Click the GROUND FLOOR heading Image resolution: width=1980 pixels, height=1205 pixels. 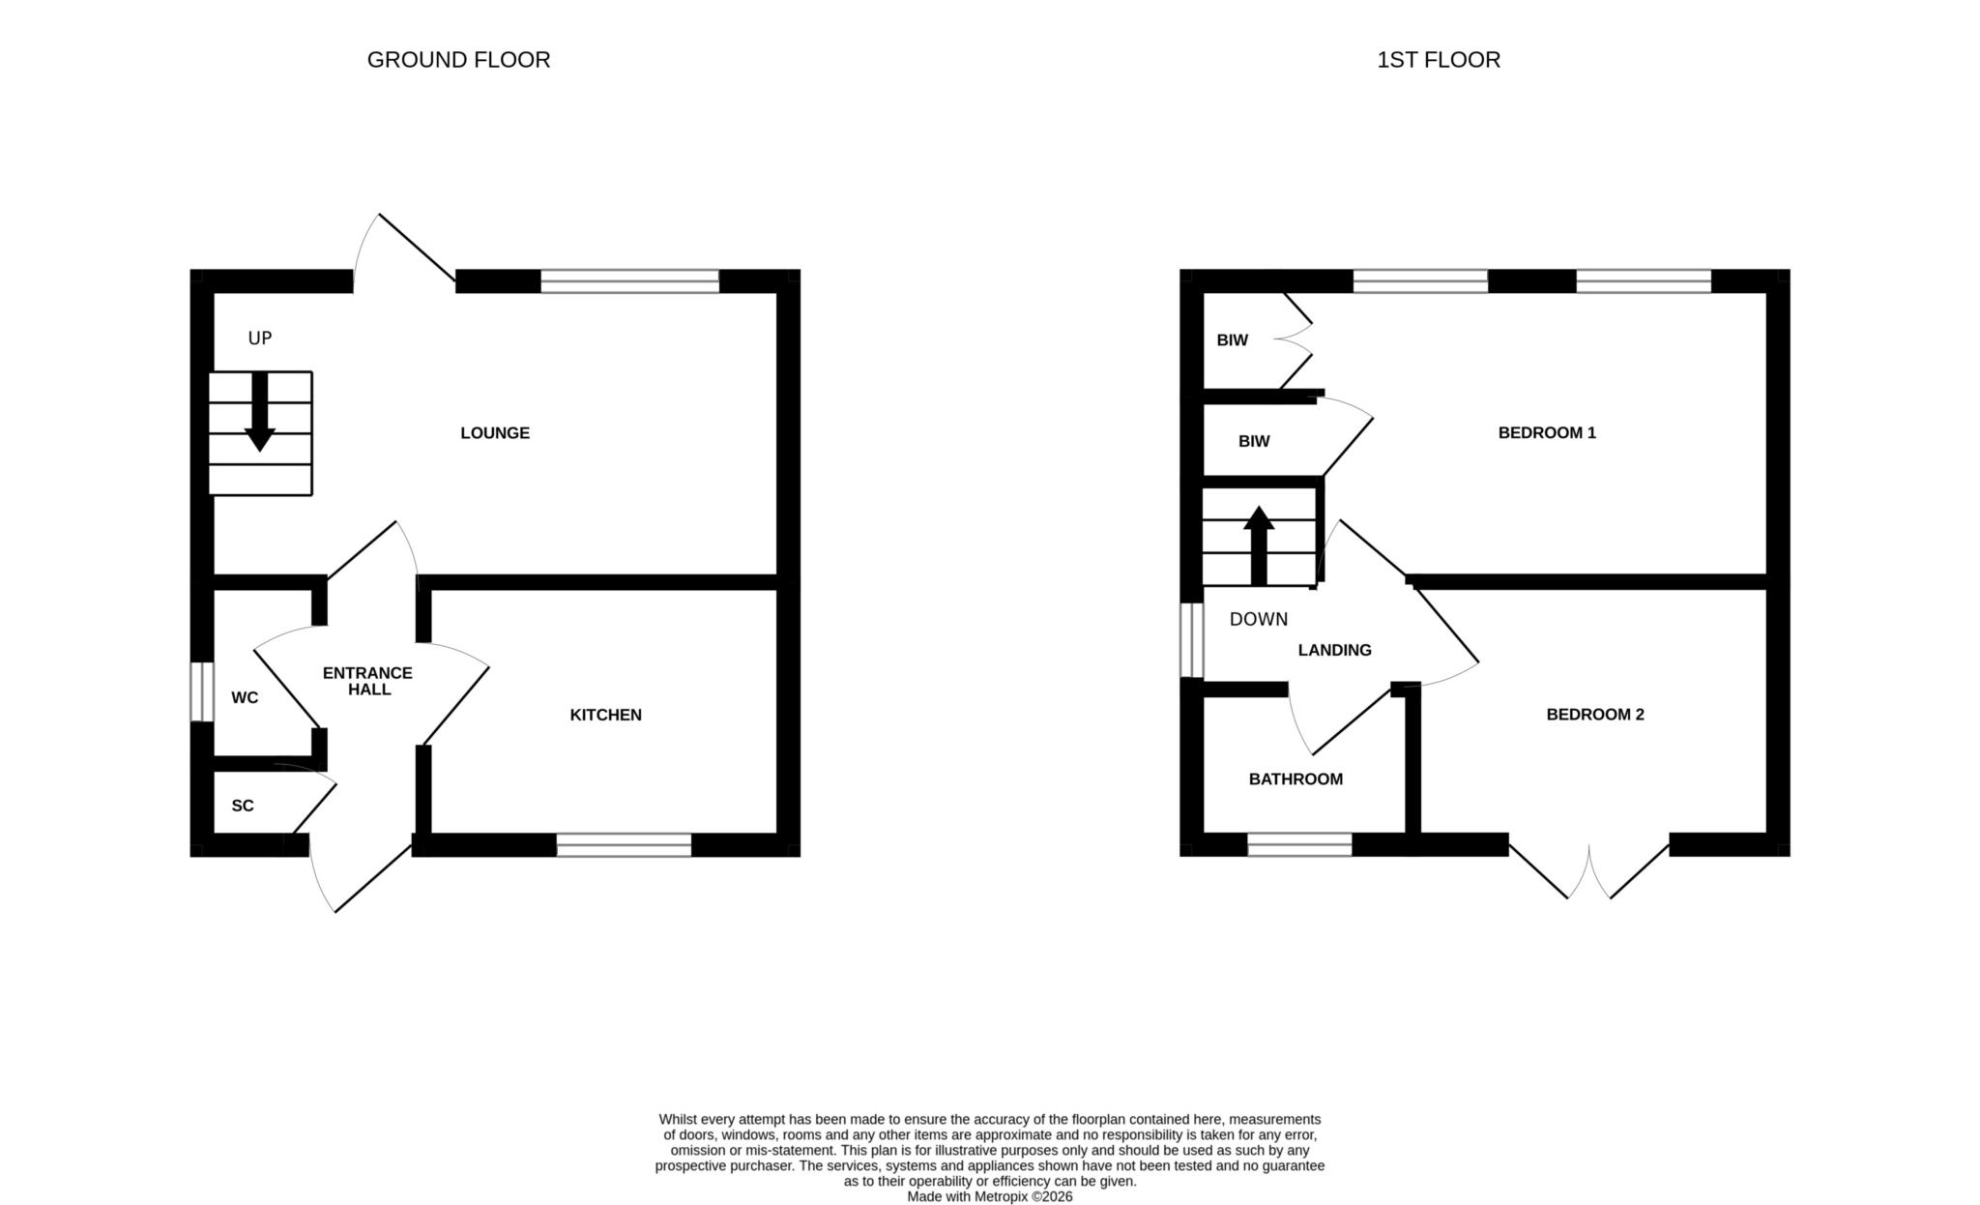(458, 60)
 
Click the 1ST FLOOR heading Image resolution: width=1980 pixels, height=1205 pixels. (1439, 60)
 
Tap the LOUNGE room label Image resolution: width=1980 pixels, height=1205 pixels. (495, 433)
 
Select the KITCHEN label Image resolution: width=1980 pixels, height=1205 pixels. (606, 715)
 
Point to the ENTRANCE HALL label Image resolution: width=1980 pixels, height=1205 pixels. (367, 681)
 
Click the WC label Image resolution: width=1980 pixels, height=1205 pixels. (245, 697)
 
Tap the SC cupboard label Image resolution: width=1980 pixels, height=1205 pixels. (243, 806)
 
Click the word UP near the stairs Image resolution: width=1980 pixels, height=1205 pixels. (260, 338)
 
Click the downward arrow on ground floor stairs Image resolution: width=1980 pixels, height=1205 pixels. (259, 411)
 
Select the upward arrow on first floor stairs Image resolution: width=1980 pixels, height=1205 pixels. (1259, 545)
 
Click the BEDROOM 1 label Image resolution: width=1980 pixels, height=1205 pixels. (1547, 433)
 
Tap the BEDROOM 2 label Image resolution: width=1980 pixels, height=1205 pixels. (1595, 715)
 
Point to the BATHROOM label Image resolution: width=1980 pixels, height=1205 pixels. (1296, 779)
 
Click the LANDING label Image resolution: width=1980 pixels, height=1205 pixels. (1334, 650)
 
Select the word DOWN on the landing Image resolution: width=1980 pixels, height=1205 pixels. (1259, 619)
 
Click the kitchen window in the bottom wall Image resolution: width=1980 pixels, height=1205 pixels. (625, 844)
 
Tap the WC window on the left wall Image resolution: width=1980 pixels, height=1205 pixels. (202, 691)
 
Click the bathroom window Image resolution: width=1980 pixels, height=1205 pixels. (1299, 844)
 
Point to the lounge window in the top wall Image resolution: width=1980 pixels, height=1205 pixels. (630, 281)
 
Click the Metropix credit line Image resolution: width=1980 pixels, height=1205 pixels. (990, 1196)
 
